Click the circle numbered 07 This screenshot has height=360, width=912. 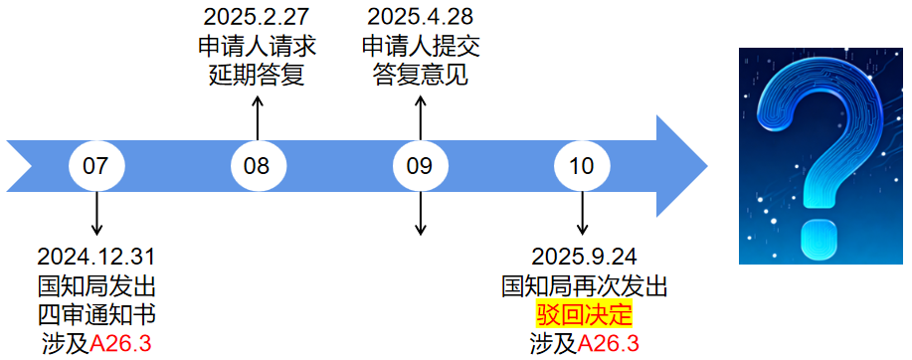[x=96, y=165]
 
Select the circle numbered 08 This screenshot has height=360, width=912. [x=258, y=165]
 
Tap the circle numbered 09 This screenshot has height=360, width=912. [x=420, y=165]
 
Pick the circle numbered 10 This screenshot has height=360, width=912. [x=582, y=165]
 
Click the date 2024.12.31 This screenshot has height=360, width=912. [x=96, y=258]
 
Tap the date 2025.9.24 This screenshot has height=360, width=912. [x=583, y=258]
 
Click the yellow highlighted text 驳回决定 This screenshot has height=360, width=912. [x=584, y=315]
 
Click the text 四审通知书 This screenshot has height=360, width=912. [x=96, y=315]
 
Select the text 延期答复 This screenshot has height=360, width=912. [x=256, y=75]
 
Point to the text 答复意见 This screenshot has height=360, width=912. [x=420, y=75]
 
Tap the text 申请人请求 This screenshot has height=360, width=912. [x=256, y=46]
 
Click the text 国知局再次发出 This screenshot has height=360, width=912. [x=584, y=286]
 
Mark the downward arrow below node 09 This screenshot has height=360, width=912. [x=420, y=213]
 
